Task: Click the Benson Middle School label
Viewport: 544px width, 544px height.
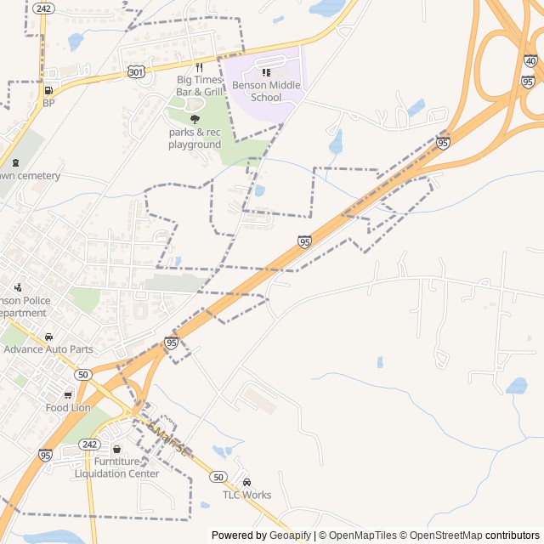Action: click(266, 91)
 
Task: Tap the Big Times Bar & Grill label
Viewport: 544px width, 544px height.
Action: click(199, 86)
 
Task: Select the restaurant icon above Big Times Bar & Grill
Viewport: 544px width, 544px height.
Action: click(199, 67)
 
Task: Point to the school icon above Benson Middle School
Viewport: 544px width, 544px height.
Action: click(266, 73)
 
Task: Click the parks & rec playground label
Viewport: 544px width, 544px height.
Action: click(194, 139)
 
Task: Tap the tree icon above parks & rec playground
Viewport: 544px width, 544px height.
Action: click(195, 120)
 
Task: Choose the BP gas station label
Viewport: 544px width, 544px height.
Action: click(48, 104)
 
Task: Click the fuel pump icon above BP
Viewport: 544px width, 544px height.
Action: click(48, 90)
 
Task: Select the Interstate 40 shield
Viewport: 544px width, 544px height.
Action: click(530, 61)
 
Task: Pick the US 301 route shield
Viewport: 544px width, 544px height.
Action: click(136, 72)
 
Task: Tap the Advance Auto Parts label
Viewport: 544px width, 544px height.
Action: click(48, 349)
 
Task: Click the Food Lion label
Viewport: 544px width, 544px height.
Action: click(68, 408)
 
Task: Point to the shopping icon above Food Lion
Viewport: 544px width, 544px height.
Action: click(68, 395)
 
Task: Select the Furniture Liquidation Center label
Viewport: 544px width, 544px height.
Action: click(116, 467)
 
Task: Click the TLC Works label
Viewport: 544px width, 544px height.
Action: click(247, 495)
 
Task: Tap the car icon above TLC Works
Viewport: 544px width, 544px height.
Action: click(247, 482)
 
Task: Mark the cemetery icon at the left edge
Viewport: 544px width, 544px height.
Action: click(14, 162)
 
